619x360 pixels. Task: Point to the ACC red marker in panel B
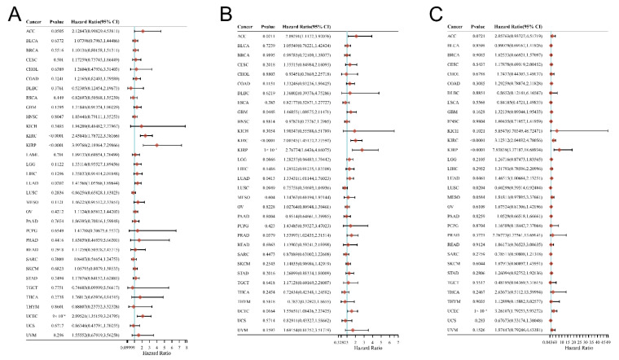(357, 37)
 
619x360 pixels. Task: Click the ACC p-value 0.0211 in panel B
(269, 37)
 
